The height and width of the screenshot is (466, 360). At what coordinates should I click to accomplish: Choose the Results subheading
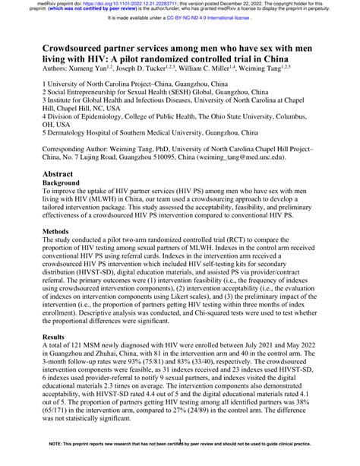56,357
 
